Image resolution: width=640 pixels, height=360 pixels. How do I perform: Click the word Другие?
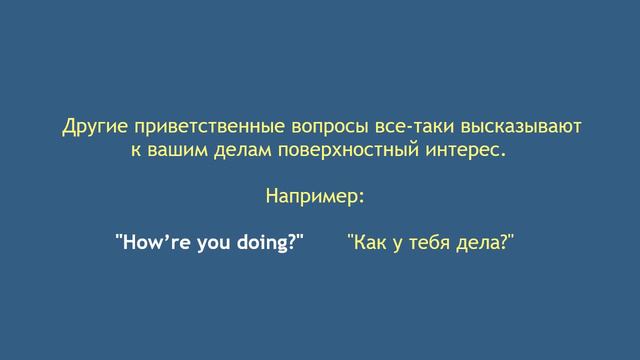(91, 129)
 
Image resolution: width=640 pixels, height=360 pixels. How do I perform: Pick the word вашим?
(174, 153)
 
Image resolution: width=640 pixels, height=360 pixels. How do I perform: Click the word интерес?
(460, 153)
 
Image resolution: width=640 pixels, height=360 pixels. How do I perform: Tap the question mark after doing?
(294, 243)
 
